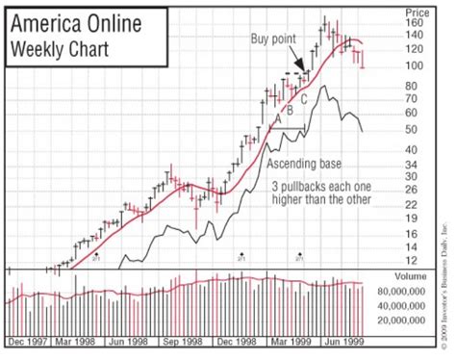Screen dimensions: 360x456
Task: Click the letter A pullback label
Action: click(x=278, y=117)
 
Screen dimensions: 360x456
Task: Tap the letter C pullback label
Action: click(x=304, y=98)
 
